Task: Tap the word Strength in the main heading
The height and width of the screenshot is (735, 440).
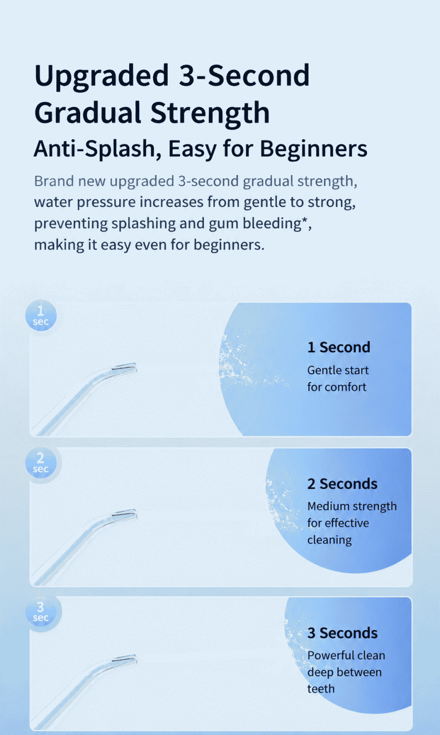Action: point(210,113)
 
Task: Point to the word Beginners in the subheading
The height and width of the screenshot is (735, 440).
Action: point(314,149)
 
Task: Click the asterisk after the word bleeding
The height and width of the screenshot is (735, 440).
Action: point(305,221)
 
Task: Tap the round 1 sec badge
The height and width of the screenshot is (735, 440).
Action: point(41,315)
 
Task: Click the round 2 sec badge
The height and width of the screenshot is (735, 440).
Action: point(41,463)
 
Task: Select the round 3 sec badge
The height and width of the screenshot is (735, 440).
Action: point(41,611)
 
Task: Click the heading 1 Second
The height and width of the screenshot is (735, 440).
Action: point(339,347)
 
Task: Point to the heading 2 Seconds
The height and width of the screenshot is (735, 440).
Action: point(343,483)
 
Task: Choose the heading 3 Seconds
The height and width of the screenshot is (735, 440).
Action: point(343,632)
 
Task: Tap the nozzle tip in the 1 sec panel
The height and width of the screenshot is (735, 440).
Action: point(134,367)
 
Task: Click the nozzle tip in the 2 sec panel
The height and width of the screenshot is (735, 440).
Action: point(134,514)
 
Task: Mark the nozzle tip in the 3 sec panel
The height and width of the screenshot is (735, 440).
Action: point(134,660)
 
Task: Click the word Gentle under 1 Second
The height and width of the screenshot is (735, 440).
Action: point(324,370)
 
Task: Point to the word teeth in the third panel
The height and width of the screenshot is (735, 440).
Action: point(321,688)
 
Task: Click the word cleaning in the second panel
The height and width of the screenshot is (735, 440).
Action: point(330,540)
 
